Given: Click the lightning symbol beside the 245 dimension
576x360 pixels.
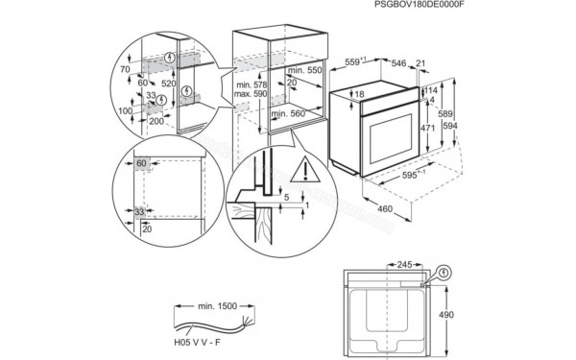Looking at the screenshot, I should tap(444, 275).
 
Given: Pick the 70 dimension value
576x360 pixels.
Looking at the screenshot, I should tap(124, 71).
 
